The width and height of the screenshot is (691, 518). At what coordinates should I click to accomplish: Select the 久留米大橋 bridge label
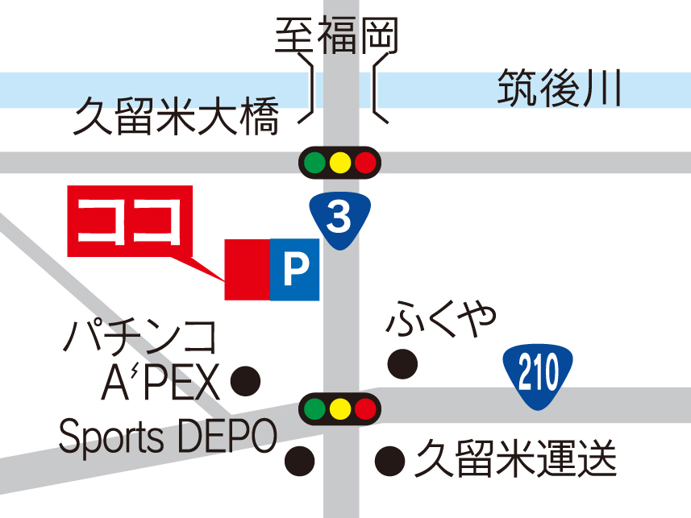click(176, 117)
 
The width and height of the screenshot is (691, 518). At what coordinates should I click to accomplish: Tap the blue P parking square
click(295, 269)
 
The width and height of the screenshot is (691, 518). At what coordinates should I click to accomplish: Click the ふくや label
click(439, 320)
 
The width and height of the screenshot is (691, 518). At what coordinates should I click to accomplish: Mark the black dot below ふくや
click(402, 364)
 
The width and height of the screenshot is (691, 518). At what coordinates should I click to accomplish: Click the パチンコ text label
click(140, 338)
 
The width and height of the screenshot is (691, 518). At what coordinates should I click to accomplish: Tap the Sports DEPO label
click(168, 437)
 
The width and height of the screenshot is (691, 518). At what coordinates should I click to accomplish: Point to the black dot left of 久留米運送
click(390, 460)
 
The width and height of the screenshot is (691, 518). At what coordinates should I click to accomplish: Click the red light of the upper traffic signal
click(365, 163)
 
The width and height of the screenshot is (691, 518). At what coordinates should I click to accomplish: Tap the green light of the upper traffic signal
click(314, 163)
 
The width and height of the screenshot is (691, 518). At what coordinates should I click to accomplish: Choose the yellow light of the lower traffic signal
click(339, 408)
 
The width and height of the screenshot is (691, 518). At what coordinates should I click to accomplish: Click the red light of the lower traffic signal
click(365, 408)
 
